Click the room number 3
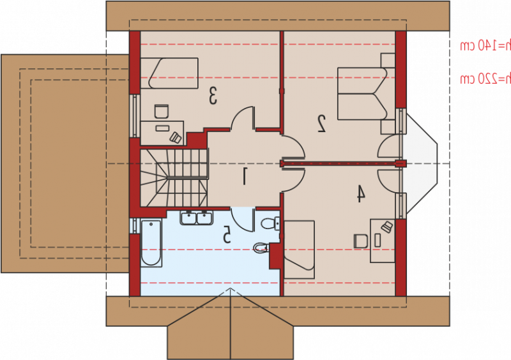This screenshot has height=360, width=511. (213, 97)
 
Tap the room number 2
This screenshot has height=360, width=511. (322, 123)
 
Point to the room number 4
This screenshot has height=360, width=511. (360, 193)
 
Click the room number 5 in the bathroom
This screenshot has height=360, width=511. (227, 236)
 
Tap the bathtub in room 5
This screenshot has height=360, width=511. (151, 243)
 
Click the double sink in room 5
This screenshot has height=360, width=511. (197, 218)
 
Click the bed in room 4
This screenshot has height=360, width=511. (300, 250)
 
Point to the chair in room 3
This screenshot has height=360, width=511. (161, 111)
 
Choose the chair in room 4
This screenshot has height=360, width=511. (361, 241)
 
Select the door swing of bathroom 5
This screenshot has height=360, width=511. (243, 219)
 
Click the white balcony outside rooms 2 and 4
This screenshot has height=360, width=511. (421, 163)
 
